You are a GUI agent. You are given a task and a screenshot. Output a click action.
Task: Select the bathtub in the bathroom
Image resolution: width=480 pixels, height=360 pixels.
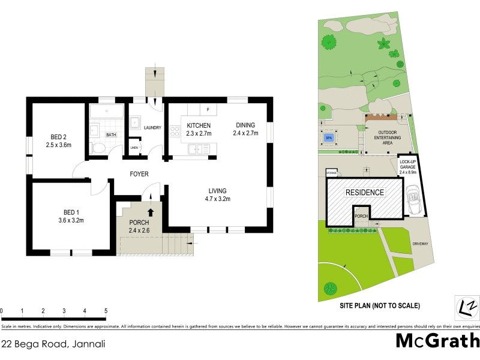click(x=106, y=112)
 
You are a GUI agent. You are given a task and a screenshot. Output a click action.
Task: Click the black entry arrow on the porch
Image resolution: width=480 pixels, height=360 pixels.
click(x=151, y=211)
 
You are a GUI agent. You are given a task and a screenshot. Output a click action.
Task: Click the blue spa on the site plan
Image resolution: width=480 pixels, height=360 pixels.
click(x=328, y=138)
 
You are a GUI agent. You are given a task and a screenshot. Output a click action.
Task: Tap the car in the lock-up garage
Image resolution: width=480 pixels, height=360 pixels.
click(x=413, y=198)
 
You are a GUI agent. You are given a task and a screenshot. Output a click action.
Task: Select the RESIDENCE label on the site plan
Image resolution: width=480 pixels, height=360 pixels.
click(x=364, y=193)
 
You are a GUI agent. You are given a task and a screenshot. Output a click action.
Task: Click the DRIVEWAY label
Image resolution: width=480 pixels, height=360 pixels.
click(x=419, y=244)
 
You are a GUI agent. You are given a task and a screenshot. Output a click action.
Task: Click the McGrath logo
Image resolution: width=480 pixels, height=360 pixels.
click(x=437, y=341)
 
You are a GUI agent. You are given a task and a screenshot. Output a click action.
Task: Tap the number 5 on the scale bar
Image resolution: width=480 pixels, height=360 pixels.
click(x=106, y=311)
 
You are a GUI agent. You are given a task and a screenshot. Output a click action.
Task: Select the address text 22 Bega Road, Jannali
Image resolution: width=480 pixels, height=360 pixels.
click(x=54, y=344)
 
